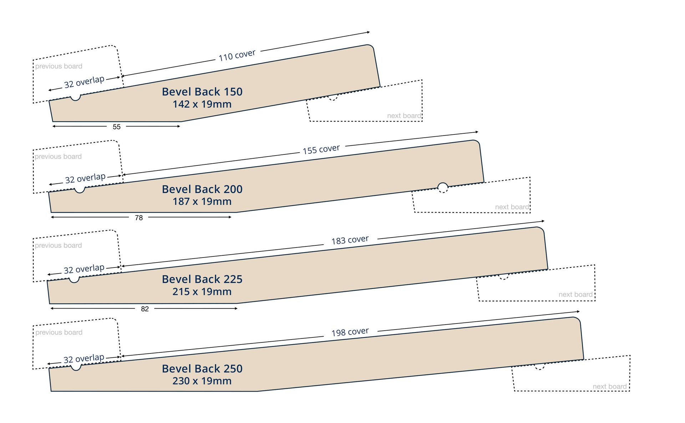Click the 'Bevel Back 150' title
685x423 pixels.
(x=202, y=92)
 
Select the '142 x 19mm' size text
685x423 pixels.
(x=202, y=104)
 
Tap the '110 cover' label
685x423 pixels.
(x=237, y=55)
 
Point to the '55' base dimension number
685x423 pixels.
(x=117, y=127)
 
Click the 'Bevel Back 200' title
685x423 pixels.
(x=202, y=189)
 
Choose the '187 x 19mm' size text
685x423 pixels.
(x=202, y=202)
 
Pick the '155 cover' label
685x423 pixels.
(x=321, y=149)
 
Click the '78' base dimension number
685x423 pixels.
(x=139, y=218)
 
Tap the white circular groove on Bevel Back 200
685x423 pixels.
(x=443, y=187)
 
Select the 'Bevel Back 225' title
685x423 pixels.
(x=202, y=279)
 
